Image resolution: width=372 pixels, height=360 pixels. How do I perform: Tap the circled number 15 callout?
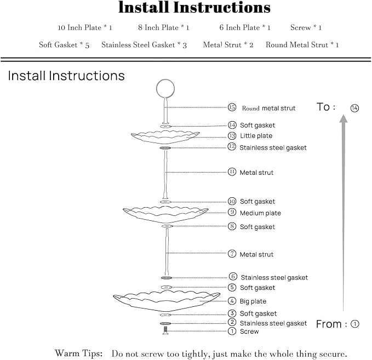tap(232, 107)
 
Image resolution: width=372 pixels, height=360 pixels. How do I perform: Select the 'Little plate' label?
tap(256, 136)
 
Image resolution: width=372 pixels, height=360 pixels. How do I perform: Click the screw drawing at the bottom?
tap(165, 330)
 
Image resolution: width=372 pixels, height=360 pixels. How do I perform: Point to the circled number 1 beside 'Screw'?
tap(232, 331)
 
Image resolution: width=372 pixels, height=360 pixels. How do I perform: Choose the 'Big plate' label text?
tap(253, 301)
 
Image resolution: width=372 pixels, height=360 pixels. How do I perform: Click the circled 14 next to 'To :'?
tap(354, 108)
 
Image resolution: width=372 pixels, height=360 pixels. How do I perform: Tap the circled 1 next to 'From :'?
tap(355, 324)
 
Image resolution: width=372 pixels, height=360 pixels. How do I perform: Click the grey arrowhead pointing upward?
tap(344, 119)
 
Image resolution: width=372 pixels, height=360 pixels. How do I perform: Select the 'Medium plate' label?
tap(260, 213)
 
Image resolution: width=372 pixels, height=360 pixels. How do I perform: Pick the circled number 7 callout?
tap(232, 254)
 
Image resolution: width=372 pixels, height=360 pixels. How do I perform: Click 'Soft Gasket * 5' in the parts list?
tap(64, 45)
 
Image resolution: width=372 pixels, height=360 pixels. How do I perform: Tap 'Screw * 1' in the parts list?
tap(306, 27)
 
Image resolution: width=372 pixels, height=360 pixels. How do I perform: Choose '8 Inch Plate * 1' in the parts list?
tap(164, 27)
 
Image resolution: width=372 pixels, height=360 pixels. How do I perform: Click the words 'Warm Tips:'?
tap(78, 353)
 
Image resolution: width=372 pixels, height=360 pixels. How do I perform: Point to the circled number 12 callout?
tap(232, 146)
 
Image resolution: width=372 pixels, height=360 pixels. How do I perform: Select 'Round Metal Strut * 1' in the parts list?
tap(302, 45)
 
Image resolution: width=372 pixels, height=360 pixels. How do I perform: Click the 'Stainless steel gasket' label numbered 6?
tap(274, 277)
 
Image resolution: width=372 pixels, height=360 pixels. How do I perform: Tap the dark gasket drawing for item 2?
tap(165, 323)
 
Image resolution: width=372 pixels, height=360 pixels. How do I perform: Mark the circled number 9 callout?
tap(232, 212)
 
